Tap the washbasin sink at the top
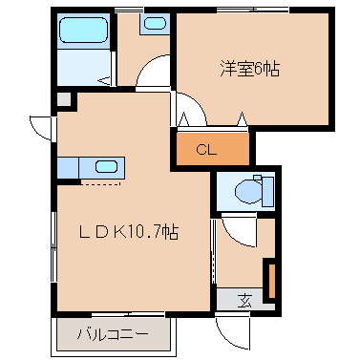153,24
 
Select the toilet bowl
250,193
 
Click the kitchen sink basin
105,167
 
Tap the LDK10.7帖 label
128,231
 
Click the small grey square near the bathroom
63,98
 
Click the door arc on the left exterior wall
40,127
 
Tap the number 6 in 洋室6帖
258,69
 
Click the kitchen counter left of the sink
68,167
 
